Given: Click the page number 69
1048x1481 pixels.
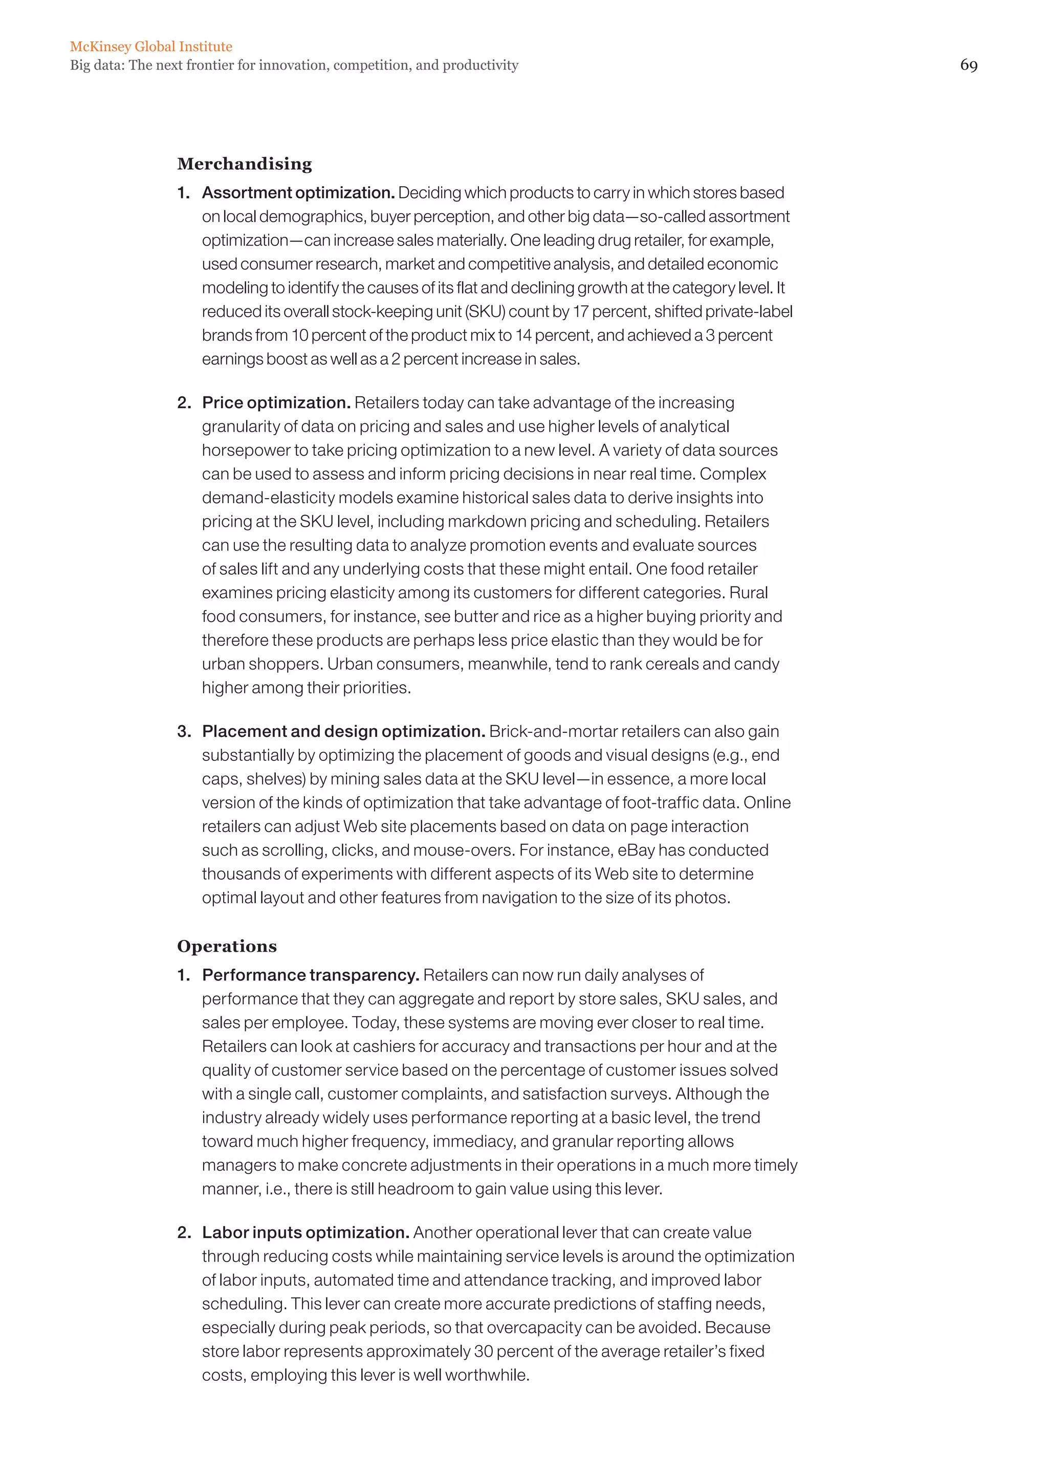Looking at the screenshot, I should tap(968, 65).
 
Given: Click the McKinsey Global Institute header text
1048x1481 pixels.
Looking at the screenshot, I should tap(151, 47).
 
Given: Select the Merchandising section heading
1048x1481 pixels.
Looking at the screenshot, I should tap(245, 164).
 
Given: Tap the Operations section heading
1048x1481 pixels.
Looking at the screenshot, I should tap(227, 946).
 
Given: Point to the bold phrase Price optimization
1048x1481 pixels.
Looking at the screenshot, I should tap(275, 402).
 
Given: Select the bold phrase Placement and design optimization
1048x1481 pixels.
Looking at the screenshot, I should tap(343, 731).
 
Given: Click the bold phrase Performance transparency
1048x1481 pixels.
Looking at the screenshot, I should tap(311, 975).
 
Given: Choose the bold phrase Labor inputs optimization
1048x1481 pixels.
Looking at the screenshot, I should tap(305, 1232).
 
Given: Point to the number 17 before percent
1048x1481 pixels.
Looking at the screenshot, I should tap(580, 311).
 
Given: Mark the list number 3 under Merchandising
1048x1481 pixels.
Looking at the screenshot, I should tap(184, 731).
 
